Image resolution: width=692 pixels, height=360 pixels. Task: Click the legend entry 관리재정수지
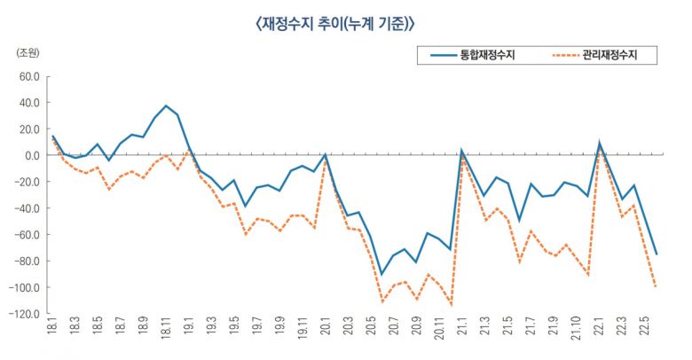click(x=608, y=56)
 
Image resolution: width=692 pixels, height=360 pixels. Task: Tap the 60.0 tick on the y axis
click(x=29, y=76)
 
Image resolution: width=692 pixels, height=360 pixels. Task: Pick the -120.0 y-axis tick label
click(x=25, y=315)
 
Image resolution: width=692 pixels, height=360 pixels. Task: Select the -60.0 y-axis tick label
click(x=28, y=235)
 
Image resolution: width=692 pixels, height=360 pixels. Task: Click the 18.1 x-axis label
click(x=53, y=335)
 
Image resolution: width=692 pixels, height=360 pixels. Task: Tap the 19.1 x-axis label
click(x=189, y=335)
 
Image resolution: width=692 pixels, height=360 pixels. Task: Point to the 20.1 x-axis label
click(x=326, y=335)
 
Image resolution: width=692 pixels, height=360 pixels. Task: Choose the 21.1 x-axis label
click(x=462, y=335)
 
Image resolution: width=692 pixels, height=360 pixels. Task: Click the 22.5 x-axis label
click(x=644, y=335)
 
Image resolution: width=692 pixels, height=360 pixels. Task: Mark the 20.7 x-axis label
click(x=394, y=335)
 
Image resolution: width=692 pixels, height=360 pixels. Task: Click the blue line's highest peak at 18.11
click(x=166, y=106)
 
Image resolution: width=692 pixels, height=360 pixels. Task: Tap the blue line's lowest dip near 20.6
click(x=382, y=275)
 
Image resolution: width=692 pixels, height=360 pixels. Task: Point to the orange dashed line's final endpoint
click(x=657, y=287)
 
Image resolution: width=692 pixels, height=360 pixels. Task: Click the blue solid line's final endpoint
click(x=657, y=255)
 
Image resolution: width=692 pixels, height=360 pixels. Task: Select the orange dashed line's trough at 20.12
click(x=451, y=305)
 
